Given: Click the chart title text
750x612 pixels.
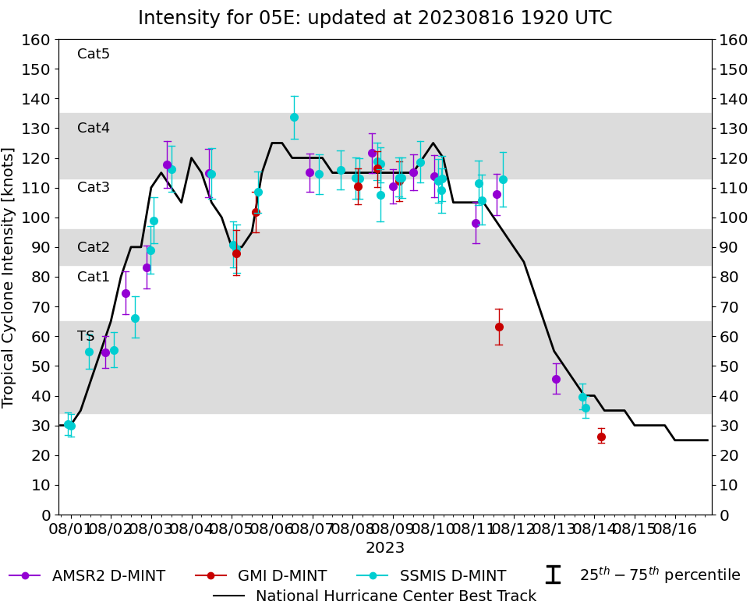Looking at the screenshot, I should point(375,18).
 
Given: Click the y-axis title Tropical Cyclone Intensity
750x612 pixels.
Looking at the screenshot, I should point(9,277).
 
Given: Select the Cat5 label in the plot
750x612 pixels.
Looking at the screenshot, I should point(94,54).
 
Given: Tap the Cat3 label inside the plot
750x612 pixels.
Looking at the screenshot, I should point(94,187).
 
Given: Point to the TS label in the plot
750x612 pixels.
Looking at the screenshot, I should point(86,336).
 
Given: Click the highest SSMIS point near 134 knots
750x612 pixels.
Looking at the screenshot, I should point(294,117).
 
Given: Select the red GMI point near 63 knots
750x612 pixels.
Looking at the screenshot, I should point(499,327).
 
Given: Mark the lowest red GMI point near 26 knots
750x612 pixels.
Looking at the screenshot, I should point(601,437).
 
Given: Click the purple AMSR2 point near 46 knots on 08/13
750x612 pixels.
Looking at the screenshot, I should point(556,379).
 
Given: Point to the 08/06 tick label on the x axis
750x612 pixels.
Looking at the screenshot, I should point(272,529).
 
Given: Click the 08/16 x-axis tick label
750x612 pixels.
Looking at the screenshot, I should point(675,529).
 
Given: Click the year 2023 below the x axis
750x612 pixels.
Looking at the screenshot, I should point(385,547).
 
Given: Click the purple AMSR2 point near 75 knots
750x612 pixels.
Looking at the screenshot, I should point(126,293).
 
